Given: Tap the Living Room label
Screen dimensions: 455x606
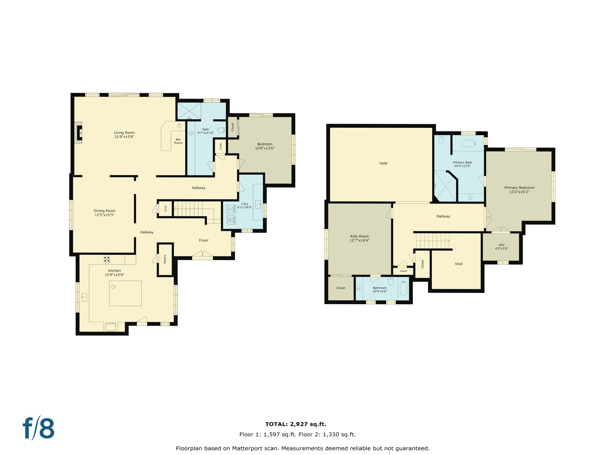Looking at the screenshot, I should (x=124, y=133).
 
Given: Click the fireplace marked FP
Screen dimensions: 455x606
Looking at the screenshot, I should (x=80, y=133).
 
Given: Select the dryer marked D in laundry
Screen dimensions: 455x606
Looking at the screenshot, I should (x=231, y=209).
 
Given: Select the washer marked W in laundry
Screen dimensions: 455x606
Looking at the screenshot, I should (x=231, y=220).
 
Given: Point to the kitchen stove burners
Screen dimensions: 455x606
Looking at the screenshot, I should (x=107, y=259).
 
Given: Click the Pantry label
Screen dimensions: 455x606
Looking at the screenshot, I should (x=165, y=259).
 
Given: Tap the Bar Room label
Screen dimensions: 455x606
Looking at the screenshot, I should (x=178, y=141).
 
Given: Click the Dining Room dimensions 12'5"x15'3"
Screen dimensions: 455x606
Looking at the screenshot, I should (x=104, y=215).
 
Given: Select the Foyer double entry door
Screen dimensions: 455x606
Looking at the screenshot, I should (x=202, y=254).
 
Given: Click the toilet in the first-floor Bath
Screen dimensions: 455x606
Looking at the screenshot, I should (x=221, y=130).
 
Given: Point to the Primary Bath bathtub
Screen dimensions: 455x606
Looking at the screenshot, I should (x=468, y=143).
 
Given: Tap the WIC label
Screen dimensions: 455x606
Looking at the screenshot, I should (x=502, y=245).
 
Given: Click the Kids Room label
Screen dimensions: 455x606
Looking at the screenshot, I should (x=360, y=236).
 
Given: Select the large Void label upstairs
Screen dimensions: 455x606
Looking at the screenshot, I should (x=383, y=163).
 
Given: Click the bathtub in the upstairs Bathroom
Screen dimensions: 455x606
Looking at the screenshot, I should (x=403, y=289).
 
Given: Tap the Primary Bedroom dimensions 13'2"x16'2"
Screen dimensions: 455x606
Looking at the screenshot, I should (x=519, y=192).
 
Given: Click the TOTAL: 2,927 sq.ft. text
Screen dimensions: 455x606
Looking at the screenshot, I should (x=296, y=424).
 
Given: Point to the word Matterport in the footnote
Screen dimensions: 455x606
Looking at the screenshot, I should (x=246, y=448).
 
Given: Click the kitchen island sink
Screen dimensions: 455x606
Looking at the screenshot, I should (x=113, y=287).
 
